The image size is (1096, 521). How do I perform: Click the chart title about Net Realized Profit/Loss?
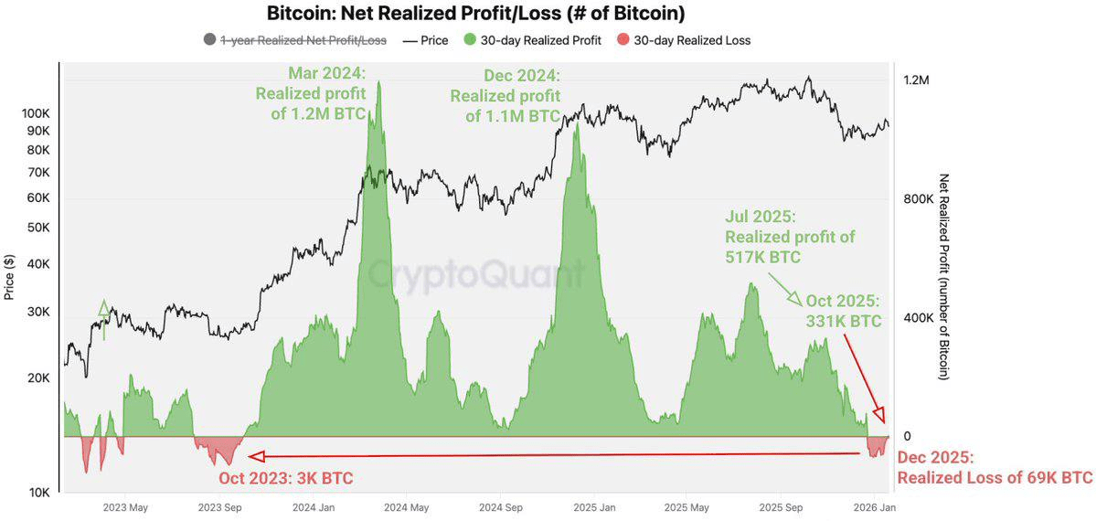coord(475,14)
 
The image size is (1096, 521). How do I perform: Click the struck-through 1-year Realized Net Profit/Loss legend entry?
coord(295,40)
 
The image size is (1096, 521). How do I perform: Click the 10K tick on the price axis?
coord(37,493)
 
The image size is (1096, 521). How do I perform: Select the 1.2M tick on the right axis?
coord(917,80)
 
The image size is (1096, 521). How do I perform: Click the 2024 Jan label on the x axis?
coord(313,506)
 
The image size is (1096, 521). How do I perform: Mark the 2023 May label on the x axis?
coord(125,506)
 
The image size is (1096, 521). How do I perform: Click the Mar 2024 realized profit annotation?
coord(310,93)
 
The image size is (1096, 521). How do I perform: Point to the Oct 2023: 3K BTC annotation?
coord(285,478)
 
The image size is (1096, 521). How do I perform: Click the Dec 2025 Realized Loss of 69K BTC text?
coord(995,468)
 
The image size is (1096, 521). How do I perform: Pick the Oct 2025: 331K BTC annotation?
coord(843,311)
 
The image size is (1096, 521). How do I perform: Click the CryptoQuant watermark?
coord(475,272)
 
